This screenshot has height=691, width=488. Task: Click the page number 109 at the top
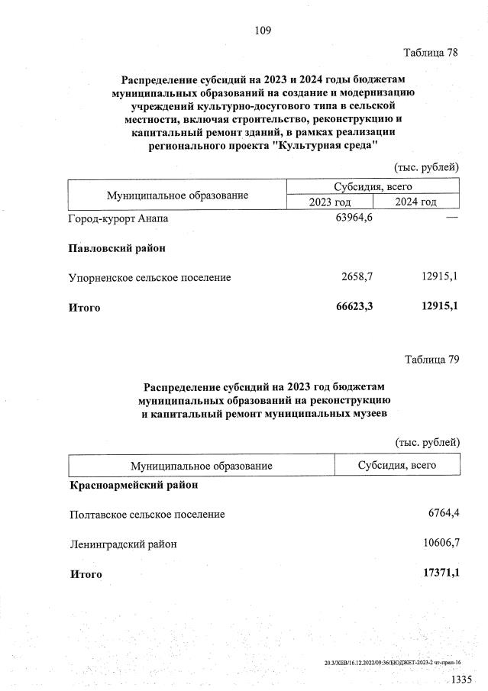click(263, 31)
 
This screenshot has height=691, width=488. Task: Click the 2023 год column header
click(329, 202)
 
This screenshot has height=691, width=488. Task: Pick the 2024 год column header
click(415, 202)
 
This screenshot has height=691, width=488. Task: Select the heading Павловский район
click(117, 248)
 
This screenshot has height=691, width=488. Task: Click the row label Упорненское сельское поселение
click(150, 277)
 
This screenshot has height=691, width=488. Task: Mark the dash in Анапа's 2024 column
click(451, 219)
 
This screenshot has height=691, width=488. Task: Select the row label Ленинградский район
click(122, 544)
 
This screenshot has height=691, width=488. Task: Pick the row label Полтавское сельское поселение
click(147, 514)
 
